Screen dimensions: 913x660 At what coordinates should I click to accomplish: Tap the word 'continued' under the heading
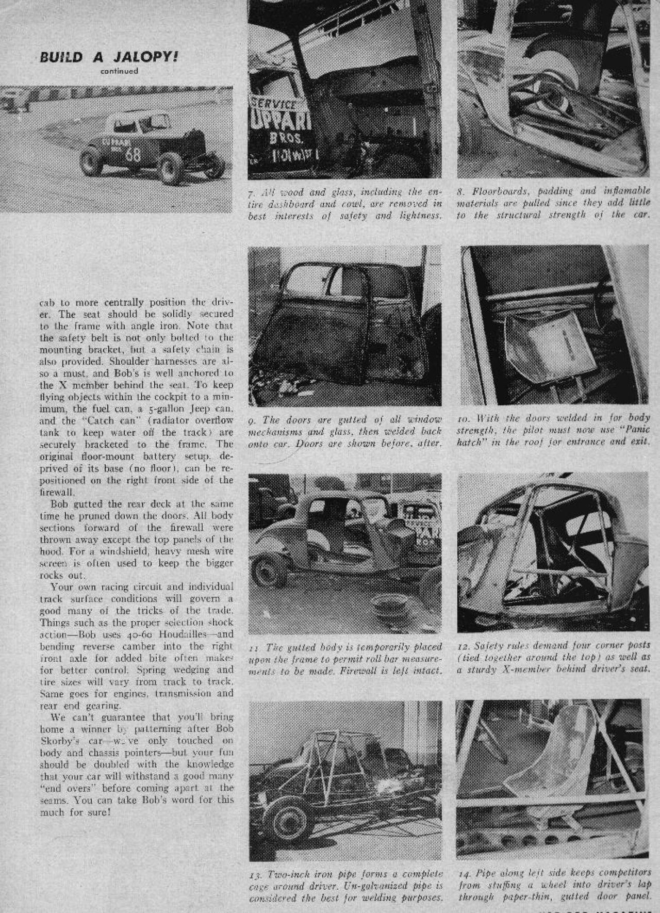[x=119, y=71]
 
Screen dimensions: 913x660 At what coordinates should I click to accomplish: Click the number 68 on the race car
[x=133, y=154]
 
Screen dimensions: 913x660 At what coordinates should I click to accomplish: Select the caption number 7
[x=250, y=193]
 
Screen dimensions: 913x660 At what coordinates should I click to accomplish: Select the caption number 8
[x=460, y=191]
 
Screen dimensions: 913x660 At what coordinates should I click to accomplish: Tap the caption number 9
[x=251, y=420]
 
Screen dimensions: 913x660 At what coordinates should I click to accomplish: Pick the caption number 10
[x=463, y=418]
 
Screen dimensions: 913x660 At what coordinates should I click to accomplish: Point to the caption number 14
[x=463, y=874]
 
